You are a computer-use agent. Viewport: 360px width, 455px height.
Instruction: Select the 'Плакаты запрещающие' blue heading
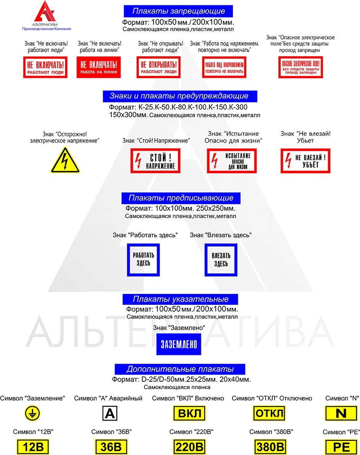click(178, 11)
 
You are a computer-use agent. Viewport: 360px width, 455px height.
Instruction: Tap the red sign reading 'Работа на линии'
click(99, 67)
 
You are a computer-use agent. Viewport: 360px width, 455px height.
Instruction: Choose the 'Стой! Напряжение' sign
click(155, 161)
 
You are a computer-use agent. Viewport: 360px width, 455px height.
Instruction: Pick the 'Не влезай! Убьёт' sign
click(305, 161)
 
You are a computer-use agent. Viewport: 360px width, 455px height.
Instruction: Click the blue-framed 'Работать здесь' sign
click(143, 260)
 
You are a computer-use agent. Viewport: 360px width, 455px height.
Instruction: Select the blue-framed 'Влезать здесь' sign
click(221, 260)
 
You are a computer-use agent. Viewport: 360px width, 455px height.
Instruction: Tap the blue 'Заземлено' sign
click(178, 344)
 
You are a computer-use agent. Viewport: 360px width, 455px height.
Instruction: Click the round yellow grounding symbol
click(32, 414)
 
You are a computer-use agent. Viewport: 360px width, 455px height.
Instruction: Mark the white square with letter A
click(110, 414)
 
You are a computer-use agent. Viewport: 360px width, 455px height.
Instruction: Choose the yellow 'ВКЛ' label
click(188, 414)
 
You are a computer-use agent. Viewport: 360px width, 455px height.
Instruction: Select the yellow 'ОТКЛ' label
click(269, 414)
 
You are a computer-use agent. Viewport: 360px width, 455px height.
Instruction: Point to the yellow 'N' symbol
click(340, 414)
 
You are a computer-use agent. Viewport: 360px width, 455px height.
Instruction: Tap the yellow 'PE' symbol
click(340, 447)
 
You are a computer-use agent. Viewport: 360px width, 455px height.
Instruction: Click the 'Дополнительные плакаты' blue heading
click(180, 369)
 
